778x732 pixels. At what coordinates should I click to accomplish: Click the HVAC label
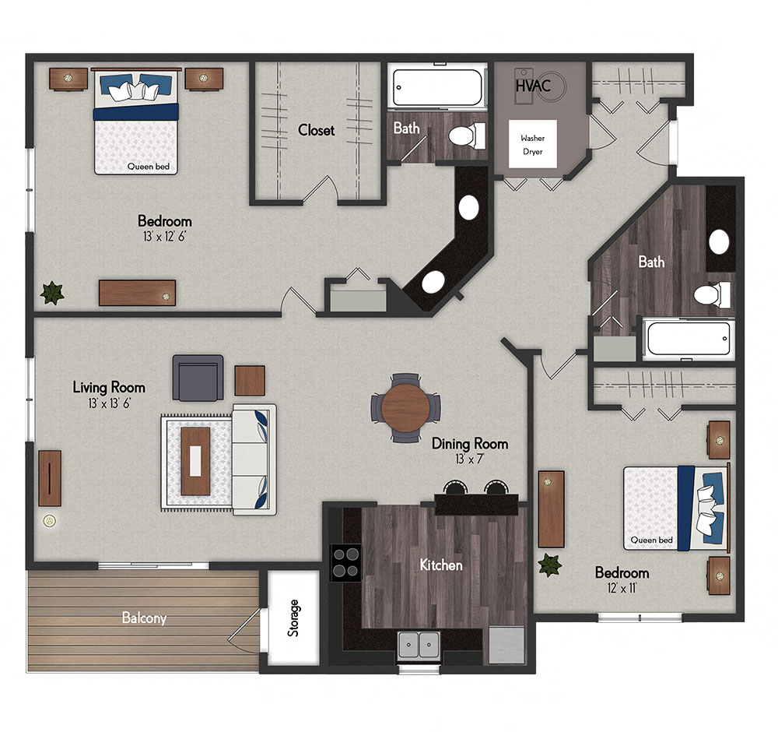[533, 86]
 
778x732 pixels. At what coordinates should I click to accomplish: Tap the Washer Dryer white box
[532, 145]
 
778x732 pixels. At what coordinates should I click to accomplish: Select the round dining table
[405, 407]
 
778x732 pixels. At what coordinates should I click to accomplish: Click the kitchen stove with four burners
[346, 561]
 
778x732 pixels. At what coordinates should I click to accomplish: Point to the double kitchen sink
[418, 646]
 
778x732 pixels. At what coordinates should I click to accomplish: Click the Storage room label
[293, 618]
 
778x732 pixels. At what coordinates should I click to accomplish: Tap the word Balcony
[144, 618]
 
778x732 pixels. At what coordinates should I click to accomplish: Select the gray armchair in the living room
[198, 377]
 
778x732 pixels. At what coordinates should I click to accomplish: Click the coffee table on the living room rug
[195, 461]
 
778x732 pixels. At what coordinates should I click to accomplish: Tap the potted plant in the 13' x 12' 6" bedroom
[52, 293]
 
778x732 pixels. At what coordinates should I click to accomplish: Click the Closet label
[317, 130]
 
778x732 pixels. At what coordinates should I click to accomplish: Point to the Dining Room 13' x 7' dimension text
[470, 459]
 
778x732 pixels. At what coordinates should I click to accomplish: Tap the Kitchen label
[441, 565]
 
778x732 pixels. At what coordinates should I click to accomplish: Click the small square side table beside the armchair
[250, 380]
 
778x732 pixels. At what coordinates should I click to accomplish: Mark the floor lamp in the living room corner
[50, 520]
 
